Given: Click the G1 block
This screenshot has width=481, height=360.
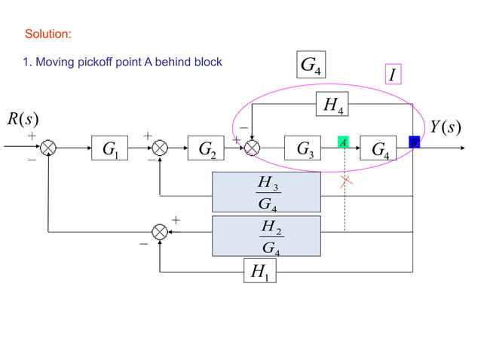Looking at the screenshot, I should click(x=111, y=147).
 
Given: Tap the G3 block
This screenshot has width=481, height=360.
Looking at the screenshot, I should click(x=305, y=147).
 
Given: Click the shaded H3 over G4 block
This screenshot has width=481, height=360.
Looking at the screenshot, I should click(x=266, y=192).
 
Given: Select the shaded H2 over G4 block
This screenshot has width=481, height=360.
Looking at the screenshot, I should click(x=266, y=236).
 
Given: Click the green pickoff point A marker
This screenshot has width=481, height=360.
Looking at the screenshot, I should click(x=342, y=142).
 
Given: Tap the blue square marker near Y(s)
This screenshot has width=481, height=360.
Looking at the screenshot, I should click(x=414, y=142).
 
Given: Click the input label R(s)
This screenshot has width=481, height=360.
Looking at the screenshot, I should click(x=23, y=119).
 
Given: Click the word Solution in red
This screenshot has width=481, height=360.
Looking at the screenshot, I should click(x=48, y=35).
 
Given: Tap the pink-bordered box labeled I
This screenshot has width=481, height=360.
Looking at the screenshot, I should click(x=392, y=75).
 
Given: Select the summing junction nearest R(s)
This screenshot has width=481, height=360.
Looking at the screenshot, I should click(x=48, y=147).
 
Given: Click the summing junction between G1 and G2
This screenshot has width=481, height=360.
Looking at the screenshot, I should click(x=160, y=147).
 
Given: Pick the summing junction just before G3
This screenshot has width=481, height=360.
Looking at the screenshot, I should click(x=253, y=147).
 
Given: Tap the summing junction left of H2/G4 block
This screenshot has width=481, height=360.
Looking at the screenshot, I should click(x=160, y=233).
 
